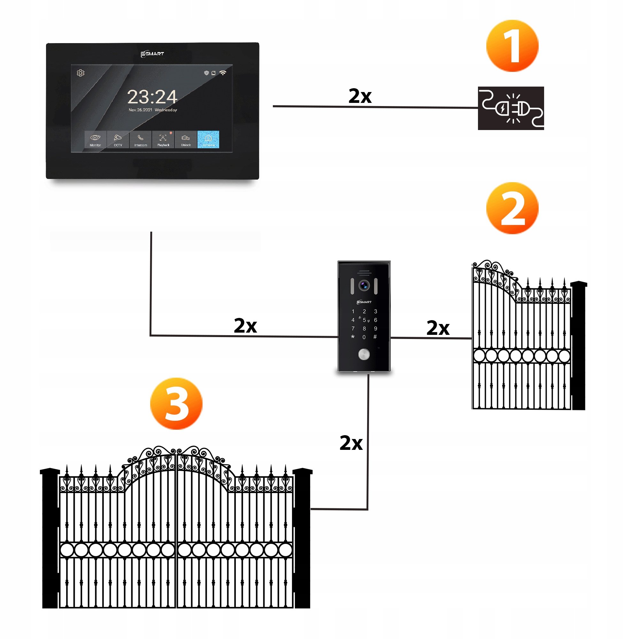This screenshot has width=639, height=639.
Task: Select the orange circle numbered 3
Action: click(x=176, y=404)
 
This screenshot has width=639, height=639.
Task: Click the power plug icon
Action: click(x=511, y=108)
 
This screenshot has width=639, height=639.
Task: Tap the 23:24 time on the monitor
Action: click(x=152, y=97)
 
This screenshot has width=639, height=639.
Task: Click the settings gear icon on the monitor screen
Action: click(x=81, y=73)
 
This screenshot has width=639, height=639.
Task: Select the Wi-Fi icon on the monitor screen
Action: click(x=223, y=73)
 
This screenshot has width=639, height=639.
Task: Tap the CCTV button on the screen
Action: click(x=118, y=140)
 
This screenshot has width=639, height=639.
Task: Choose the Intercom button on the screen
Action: click(x=141, y=140)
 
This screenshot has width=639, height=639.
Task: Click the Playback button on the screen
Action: click(x=163, y=140)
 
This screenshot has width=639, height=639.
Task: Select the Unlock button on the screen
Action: click(x=186, y=140)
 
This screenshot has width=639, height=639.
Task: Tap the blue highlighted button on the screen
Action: click(x=208, y=140)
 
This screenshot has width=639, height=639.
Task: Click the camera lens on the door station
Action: click(x=364, y=285)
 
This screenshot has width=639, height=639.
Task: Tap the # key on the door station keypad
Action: click(x=375, y=337)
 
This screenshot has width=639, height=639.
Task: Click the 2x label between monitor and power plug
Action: click(x=360, y=96)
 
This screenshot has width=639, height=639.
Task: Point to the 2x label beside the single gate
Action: click(x=438, y=328)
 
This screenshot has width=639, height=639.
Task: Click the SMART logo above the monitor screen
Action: click(x=152, y=54)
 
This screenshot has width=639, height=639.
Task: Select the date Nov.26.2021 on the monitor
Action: click(x=140, y=110)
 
